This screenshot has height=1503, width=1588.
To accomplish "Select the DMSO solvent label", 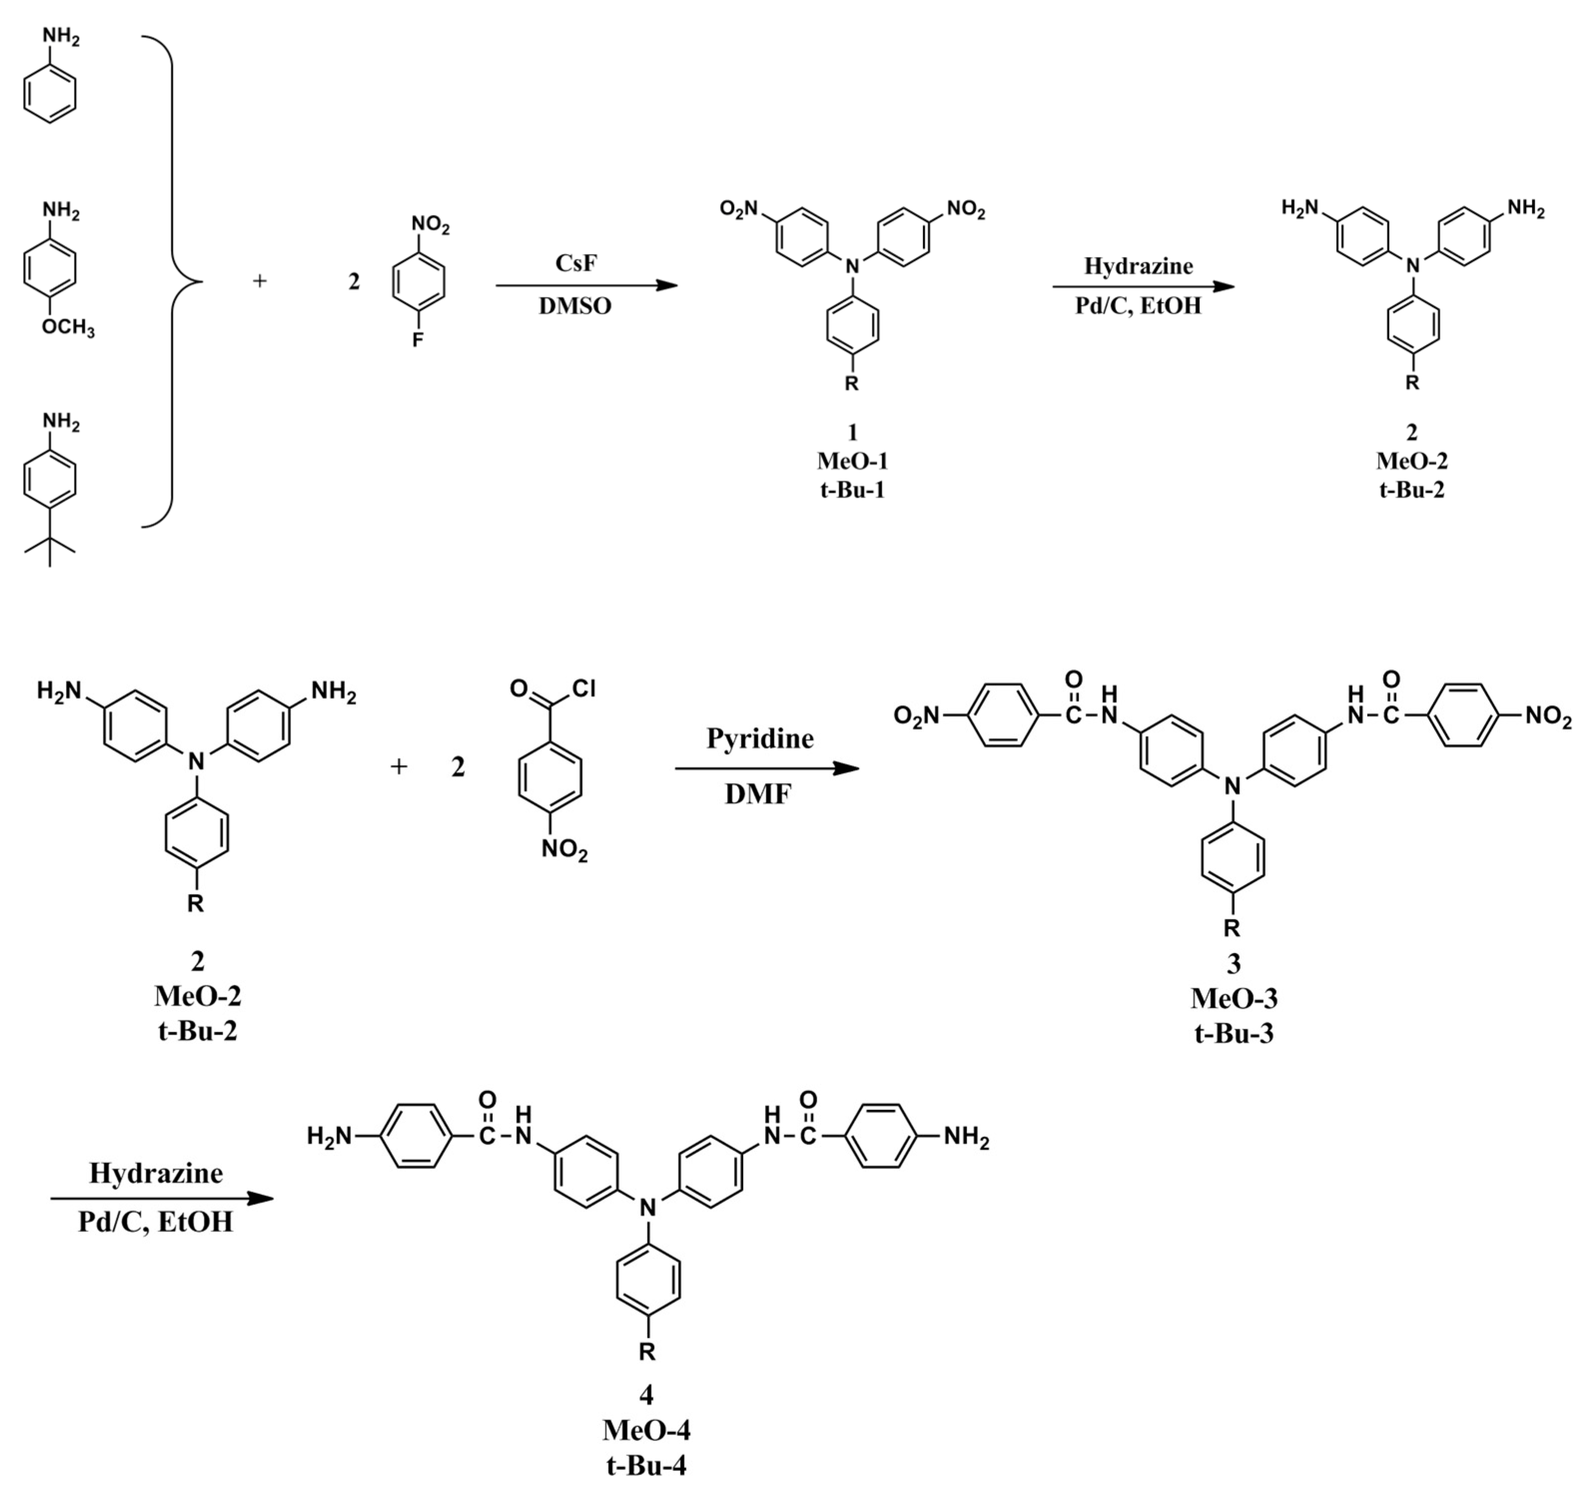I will coord(575,306).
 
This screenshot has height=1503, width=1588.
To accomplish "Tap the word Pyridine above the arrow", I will coord(759,738).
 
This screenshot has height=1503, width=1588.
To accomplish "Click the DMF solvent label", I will coord(758,794).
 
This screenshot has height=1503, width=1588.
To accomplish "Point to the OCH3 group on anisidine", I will coord(67,328).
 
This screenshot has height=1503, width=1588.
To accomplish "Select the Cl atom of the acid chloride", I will coord(584,688).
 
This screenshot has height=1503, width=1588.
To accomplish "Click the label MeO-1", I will coord(853,461).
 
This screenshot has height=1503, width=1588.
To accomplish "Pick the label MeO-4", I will coord(646,1429).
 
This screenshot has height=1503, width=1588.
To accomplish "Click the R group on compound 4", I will coord(646,1352).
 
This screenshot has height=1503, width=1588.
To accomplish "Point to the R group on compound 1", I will coord(852,384).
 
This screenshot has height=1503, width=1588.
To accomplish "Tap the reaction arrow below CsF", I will coord(587,285).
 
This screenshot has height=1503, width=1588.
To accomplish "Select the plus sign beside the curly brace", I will coord(259,281).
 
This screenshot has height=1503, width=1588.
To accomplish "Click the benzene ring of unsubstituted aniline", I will coord(50,94).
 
